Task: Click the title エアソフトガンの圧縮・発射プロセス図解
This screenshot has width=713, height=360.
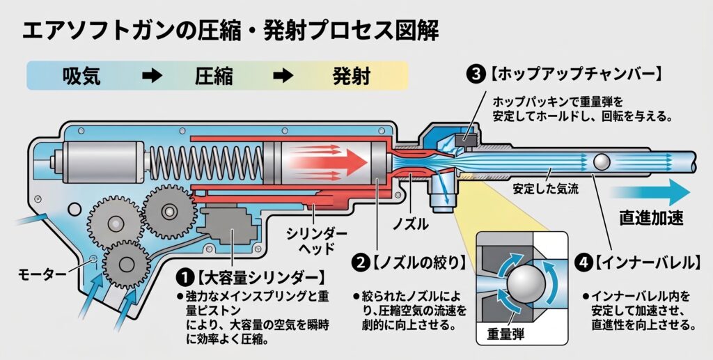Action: (x=230, y=32)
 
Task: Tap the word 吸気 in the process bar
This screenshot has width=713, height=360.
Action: (x=81, y=76)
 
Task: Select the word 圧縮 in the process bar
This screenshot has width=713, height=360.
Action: (x=214, y=76)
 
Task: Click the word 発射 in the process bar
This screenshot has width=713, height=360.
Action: (x=351, y=76)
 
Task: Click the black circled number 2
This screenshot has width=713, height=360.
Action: (x=360, y=263)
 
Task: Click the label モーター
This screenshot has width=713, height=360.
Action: (x=42, y=274)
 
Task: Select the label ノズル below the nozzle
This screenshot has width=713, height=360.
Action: (x=411, y=224)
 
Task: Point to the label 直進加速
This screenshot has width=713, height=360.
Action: (x=651, y=218)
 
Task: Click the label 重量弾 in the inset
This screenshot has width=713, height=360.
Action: (x=506, y=334)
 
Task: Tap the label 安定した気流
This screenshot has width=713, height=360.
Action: (x=546, y=188)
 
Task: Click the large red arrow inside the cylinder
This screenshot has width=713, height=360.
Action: (x=327, y=162)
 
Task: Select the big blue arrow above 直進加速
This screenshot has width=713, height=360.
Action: (x=651, y=191)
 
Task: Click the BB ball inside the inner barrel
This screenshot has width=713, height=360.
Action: (x=602, y=162)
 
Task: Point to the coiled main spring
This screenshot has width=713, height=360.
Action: (x=207, y=162)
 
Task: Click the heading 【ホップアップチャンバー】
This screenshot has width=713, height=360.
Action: (x=576, y=74)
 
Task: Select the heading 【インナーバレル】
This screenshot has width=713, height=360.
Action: (x=648, y=263)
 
